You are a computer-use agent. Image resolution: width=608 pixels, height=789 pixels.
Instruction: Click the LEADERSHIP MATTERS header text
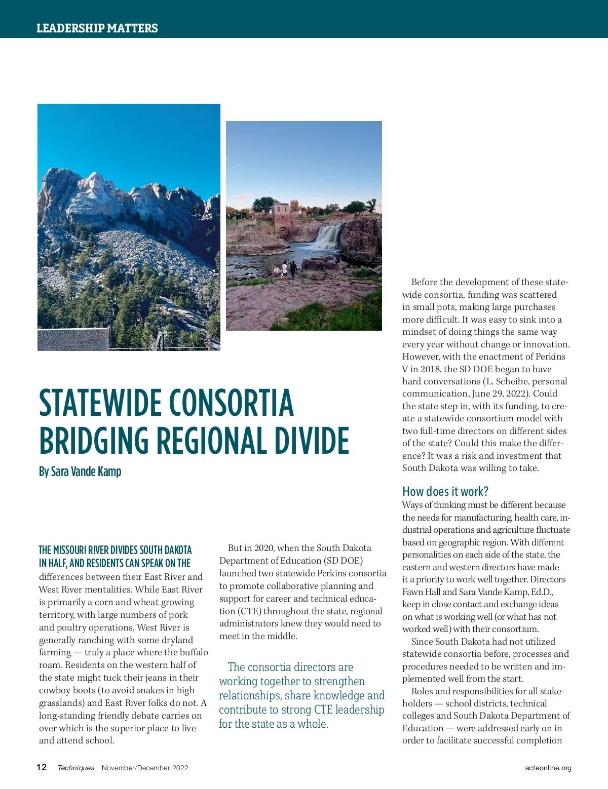[97, 28]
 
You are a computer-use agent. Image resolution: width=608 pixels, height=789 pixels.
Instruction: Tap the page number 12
[42, 767]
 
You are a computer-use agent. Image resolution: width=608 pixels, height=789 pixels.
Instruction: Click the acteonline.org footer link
[548, 768]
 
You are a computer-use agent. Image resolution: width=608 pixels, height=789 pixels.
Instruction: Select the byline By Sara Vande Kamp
[80, 471]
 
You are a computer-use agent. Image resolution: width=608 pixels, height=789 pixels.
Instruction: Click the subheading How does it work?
[445, 491]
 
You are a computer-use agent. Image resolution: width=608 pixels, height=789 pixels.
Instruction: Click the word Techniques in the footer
[76, 768]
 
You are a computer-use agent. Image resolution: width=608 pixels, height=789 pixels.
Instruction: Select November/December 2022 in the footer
[145, 768]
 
